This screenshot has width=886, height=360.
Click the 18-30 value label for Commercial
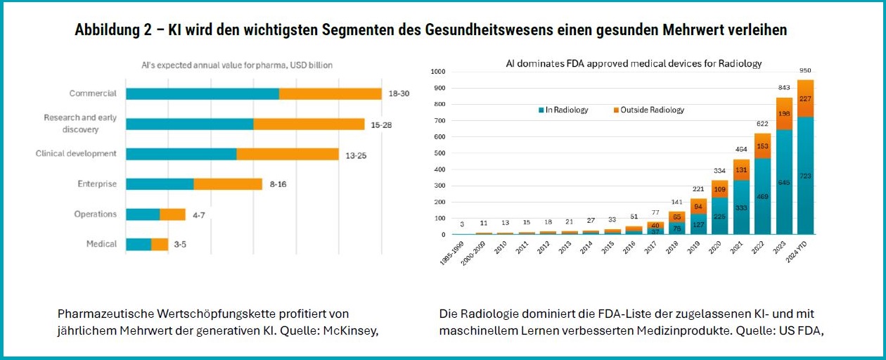point(399,94)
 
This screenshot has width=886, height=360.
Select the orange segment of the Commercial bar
point(330,94)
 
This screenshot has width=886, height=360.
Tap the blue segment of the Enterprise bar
point(160,184)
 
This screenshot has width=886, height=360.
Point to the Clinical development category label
point(76,153)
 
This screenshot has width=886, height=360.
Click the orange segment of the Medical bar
point(160,245)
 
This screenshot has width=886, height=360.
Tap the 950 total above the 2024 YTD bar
point(806,71)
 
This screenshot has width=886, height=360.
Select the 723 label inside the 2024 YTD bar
point(806,176)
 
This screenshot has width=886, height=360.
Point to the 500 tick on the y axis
point(438,153)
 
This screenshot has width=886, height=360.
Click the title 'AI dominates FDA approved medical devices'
point(634,63)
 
